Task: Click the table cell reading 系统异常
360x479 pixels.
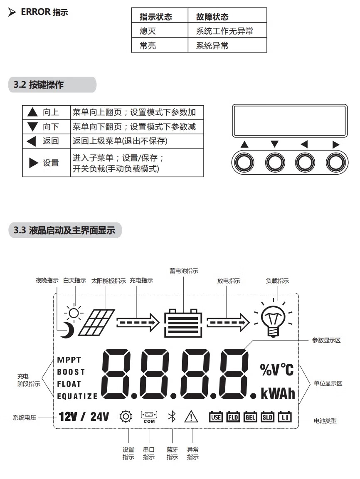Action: pos(212,46)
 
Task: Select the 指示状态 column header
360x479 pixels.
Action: pos(156,17)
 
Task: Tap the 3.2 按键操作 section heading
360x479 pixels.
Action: pos(39,85)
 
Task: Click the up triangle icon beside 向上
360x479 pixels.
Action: pos(32,112)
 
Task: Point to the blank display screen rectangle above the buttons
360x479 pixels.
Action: pos(289,120)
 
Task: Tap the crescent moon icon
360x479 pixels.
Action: pos(67,330)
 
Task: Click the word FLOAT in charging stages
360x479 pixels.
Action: pos(69,384)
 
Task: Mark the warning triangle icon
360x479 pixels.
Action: pos(192,416)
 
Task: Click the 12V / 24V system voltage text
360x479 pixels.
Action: pos(84,416)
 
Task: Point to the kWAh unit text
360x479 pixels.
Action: pos(278,393)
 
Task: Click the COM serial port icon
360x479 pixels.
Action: pos(149,416)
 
